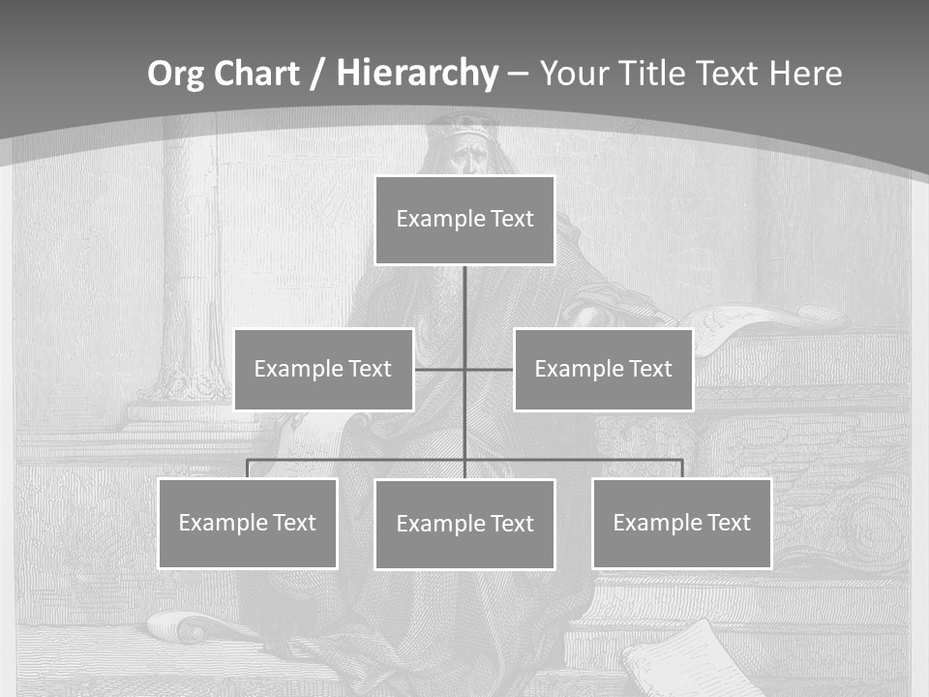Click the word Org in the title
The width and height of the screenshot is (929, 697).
pyautogui.click(x=175, y=74)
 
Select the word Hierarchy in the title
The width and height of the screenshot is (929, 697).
pyautogui.click(x=416, y=74)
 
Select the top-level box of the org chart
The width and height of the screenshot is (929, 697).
pyautogui.click(x=464, y=220)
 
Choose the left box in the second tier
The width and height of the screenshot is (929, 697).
pyautogui.click(x=323, y=369)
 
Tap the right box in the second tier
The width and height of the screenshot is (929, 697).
pyautogui.click(x=603, y=369)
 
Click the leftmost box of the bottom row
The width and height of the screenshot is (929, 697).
pyautogui.click(x=248, y=523)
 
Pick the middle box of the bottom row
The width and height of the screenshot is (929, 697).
pyautogui.click(x=464, y=524)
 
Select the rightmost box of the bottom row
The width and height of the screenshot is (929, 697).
pyautogui.click(x=681, y=523)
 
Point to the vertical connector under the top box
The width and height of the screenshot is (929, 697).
pyautogui.click(x=464, y=300)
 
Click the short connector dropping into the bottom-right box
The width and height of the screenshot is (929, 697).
pyautogui.click(x=682, y=468)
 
